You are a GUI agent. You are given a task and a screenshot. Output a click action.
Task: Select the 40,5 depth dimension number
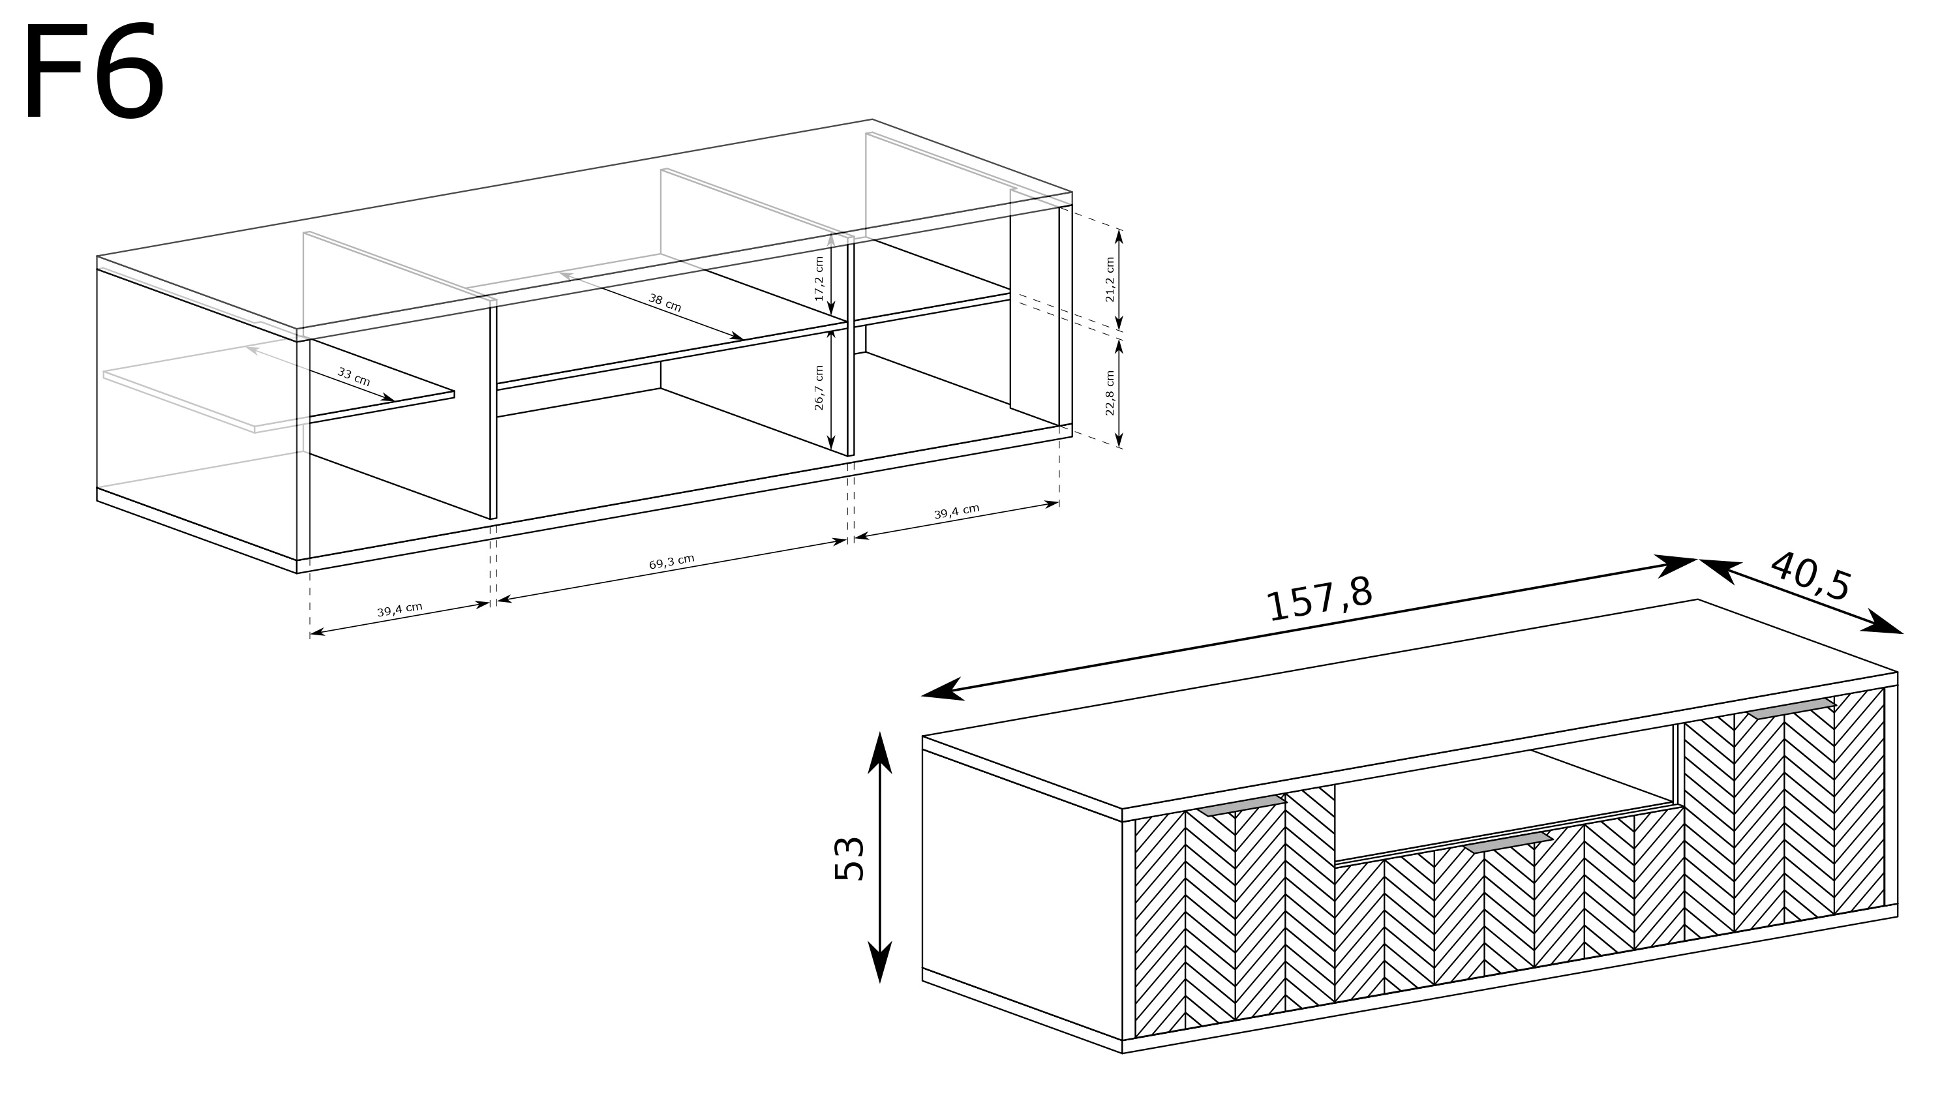pos(1810,575)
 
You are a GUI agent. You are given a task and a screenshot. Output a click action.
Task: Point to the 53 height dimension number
pos(849,858)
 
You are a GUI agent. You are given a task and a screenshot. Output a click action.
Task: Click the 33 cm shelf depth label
pos(354,376)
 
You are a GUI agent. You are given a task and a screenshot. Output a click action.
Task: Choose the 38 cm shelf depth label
pos(665,303)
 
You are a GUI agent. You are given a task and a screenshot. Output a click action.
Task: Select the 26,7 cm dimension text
pos(819,387)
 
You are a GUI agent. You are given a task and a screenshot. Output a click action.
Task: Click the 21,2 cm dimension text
pos(1110,280)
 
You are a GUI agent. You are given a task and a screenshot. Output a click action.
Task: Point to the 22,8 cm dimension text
pos(1110,393)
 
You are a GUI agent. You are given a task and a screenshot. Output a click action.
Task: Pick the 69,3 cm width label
pos(672,562)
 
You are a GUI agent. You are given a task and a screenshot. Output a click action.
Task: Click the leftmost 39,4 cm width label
pos(400,609)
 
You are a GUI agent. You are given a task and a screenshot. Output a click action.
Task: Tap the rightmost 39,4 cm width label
pos(956,512)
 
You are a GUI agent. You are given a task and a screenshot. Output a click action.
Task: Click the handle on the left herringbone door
pos(1242,806)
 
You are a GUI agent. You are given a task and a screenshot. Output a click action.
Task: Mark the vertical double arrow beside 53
pos(880,857)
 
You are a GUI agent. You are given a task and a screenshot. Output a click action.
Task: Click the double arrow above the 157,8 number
pos(1309,627)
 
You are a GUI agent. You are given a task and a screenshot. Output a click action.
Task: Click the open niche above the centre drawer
pos(1504,806)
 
